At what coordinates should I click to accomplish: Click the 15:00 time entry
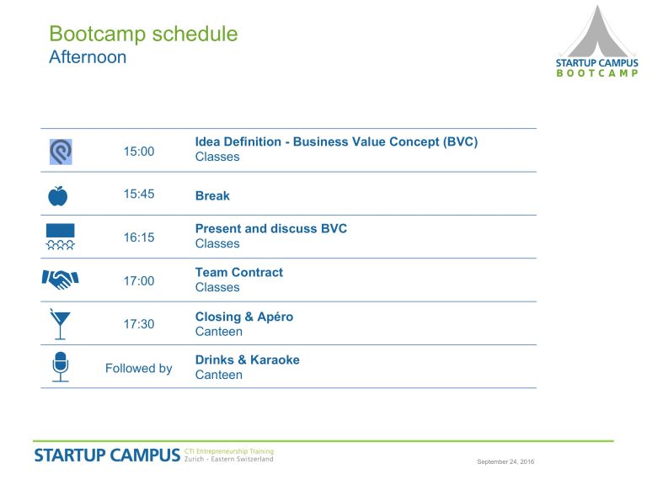pyautogui.click(x=139, y=152)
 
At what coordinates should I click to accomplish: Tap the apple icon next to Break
pyautogui.click(x=58, y=196)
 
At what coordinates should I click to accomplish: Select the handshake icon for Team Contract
pyautogui.click(x=61, y=280)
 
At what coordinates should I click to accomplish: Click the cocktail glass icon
pyautogui.click(x=61, y=324)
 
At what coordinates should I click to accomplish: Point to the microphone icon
pyautogui.click(x=61, y=366)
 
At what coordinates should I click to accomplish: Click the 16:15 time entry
pyautogui.click(x=139, y=237)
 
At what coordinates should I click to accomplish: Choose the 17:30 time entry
pyautogui.click(x=139, y=324)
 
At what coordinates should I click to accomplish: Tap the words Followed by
pyautogui.click(x=139, y=368)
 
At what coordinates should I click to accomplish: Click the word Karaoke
pyautogui.click(x=275, y=360)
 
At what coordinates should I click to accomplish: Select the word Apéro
pyautogui.click(x=275, y=317)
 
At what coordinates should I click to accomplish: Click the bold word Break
pyautogui.click(x=212, y=195)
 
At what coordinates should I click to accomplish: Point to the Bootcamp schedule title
pyautogui.click(x=143, y=34)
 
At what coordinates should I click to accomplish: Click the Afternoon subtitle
pyautogui.click(x=88, y=57)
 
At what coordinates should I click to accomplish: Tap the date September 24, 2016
pyautogui.click(x=505, y=461)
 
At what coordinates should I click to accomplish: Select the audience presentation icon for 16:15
pyautogui.click(x=61, y=237)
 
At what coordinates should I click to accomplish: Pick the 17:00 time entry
pyautogui.click(x=139, y=281)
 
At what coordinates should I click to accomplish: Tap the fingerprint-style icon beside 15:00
pyautogui.click(x=61, y=152)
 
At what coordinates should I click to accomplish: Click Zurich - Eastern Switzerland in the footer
pyautogui.click(x=228, y=459)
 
